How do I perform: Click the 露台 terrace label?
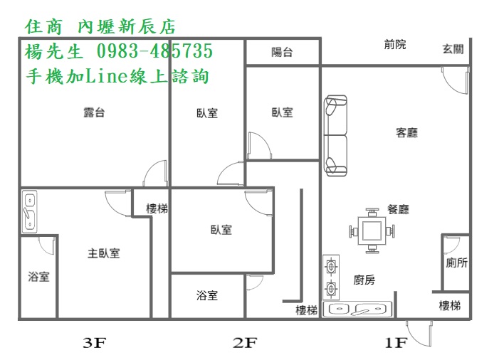[x=94, y=112]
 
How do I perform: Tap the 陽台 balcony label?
[x=282, y=52]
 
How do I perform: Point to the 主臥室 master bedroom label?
[x=104, y=253]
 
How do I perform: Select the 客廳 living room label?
[x=406, y=132]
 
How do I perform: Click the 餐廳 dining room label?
[x=398, y=209]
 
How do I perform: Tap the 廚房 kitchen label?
[x=364, y=280]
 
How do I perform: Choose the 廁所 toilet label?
[x=457, y=263]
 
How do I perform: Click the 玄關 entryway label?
[x=453, y=49]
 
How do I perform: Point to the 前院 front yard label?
[x=395, y=44]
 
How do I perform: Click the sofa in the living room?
[x=335, y=135]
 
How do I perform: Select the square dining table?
[x=372, y=231]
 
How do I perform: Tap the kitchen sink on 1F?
[x=358, y=309]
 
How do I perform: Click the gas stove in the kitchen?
[x=331, y=277]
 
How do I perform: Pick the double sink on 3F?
[x=29, y=212]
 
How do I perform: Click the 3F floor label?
[x=94, y=343]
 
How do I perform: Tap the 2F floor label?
[x=244, y=343]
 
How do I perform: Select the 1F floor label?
[x=396, y=343]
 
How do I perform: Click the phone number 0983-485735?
[x=154, y=51]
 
